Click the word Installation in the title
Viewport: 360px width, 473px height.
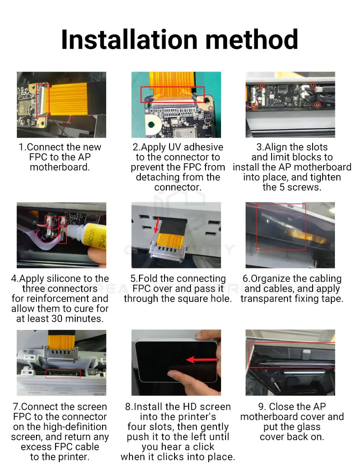(x=129, y=40)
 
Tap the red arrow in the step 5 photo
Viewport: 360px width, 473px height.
(x=157, y=225)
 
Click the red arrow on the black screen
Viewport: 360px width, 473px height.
(x=201, y=360)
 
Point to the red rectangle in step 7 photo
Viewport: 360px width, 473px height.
(x=63, y=374)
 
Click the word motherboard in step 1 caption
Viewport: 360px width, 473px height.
(x=60, y=167)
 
